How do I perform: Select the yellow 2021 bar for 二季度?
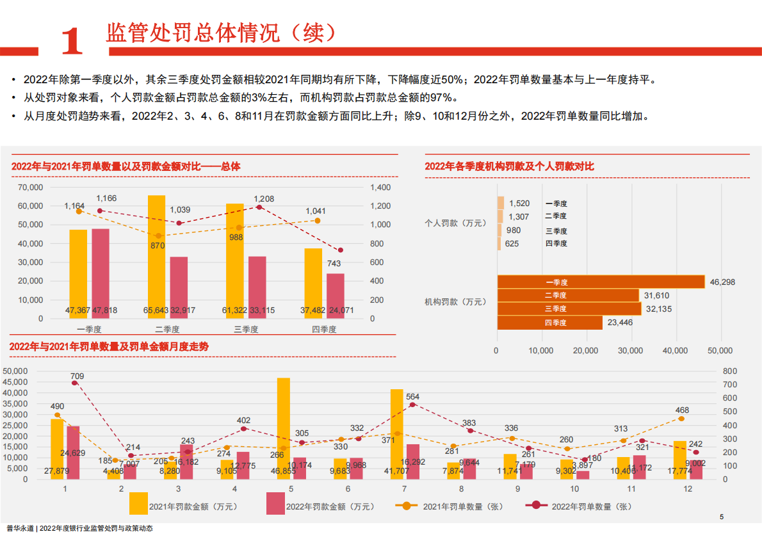point(156,256)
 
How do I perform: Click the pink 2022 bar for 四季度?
point(336,295)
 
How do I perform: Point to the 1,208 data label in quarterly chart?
point(264,199)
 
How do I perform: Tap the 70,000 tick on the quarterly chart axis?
point(31,188)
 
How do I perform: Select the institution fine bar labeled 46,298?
point(600,282)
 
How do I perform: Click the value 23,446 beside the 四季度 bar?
point(620,323)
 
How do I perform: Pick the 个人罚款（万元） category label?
point(455,223)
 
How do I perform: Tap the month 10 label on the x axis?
point(574,489)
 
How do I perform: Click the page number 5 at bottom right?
point(722,517)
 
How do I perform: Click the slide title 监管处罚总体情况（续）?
point(220,33)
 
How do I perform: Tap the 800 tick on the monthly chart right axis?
point(729,371)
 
